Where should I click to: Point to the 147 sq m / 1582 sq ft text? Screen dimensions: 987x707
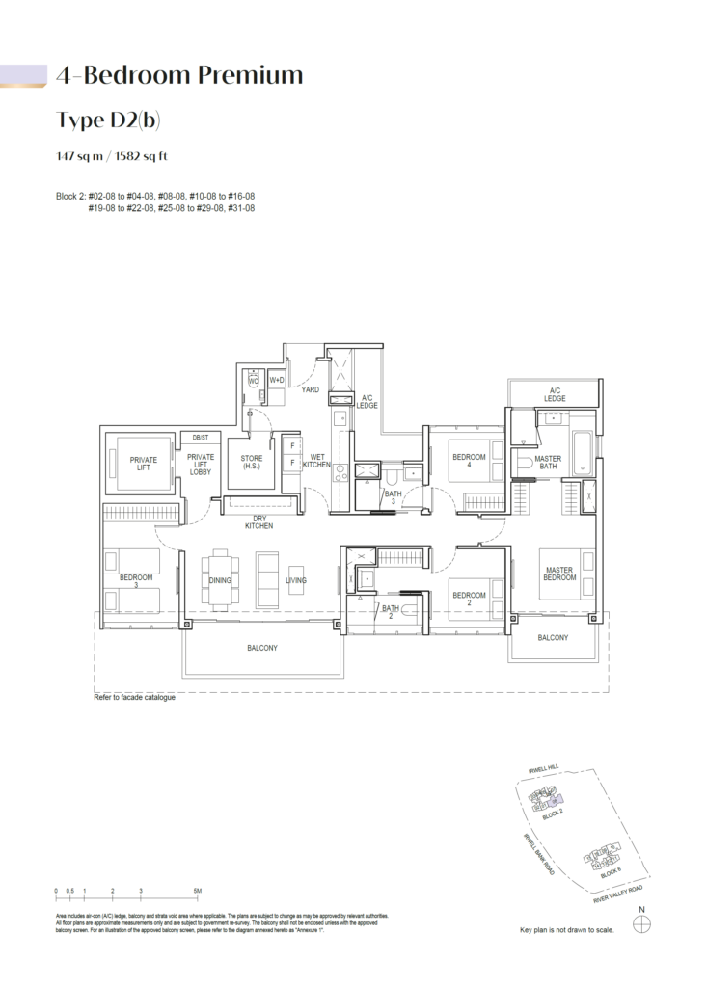(x=113, y=155)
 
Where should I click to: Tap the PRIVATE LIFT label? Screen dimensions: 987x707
(x=144, y=464)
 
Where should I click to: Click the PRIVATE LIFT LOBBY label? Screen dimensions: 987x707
(x=201, y=464)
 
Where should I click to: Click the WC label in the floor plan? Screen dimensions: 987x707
(x=254, y=381)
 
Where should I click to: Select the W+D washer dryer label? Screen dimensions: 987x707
(x=277, y=381)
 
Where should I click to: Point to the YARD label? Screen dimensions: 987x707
(x=310, y=390)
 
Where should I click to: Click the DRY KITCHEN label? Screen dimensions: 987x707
(x=258, y=522)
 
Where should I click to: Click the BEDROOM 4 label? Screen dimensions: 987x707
(x=468, y=460)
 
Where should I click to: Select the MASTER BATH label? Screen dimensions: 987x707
(x=548, y=463)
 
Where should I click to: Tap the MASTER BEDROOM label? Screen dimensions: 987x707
(x=559, y=574)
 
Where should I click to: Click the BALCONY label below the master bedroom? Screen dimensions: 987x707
(x=553, y=638)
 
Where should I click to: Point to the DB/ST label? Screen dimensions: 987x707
(x=201, y=437)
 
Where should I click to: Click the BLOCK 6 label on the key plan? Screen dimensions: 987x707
(x=610, y=872)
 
